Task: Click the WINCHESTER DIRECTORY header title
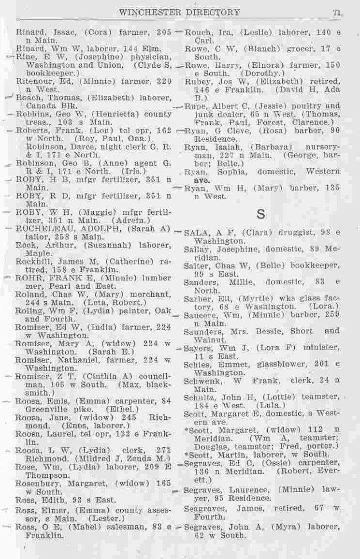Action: (179, 13)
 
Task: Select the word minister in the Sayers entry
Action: (324, 347)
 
